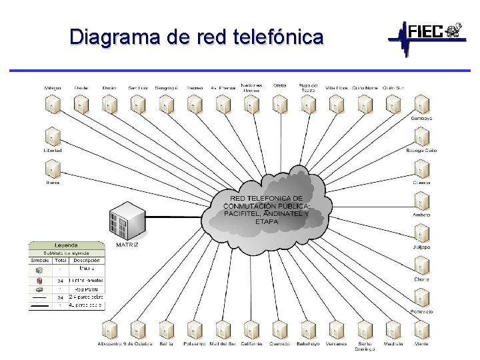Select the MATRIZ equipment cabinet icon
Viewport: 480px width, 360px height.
pos(128,219)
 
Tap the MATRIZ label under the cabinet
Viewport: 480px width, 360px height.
pos(127,245)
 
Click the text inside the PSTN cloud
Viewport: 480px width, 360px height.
pos(266,209)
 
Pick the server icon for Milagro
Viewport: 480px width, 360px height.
pos(53,104)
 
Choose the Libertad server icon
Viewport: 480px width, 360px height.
pos(53,137)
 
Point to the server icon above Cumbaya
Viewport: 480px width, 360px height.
pos(421,104)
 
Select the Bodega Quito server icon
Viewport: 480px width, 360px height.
pos(421,137)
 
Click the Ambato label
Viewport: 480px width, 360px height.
pos(421,215)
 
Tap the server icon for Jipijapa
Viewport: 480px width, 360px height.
pos(421,234)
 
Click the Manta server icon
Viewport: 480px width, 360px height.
pos(421,329)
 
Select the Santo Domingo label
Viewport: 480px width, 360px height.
pos(365,346)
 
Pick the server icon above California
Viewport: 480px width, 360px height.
pos(251,329)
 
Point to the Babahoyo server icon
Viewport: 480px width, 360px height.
pos(308,329)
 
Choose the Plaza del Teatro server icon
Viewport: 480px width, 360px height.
pos(308,104)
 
